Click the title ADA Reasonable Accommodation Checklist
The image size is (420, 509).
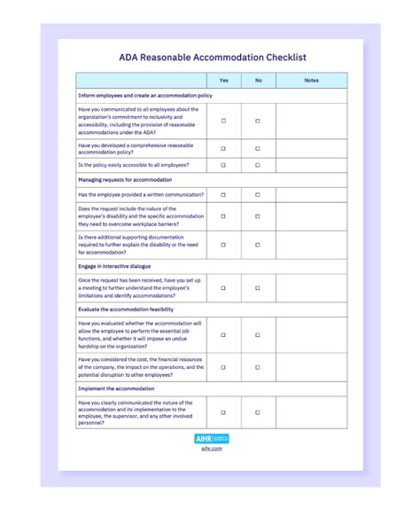(x=213, y=58)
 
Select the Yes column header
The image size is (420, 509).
(x=223, y=81)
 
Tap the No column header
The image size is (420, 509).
(x=258, y=81)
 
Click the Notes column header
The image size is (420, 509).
(x=311, y=81)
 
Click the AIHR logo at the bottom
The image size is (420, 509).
(x=212, y=438)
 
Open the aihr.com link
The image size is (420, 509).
(x=212, y=449)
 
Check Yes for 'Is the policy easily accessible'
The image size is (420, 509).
(x=223, y=165)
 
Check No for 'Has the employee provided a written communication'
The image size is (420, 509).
(x=258, y=194)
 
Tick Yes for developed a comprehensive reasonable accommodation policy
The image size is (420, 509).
(x=223, y=148)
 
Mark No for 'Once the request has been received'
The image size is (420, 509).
(x=258, y=287)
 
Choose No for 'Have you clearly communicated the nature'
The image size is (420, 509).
(x=258, y=412)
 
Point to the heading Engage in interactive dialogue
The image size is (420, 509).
(x=114, y=266)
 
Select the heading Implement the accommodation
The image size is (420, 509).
(x=116, y=389)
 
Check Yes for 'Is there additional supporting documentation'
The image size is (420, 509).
(x=223, y=245)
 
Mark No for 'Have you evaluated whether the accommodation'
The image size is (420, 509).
(x=258, y=335)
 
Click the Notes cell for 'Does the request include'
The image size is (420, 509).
(x=311, y=216)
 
